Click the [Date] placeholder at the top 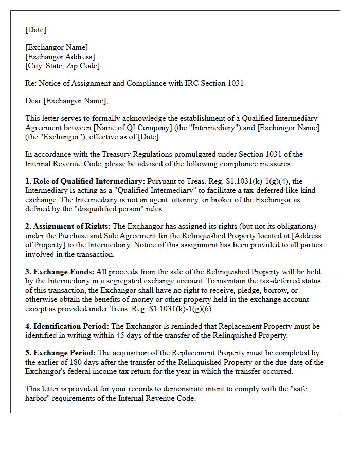[35, 30]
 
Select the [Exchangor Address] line [60, 57]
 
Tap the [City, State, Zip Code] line [62, 66]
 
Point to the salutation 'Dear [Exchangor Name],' [66, 101]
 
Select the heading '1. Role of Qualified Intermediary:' [85, 181]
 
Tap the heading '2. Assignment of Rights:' [68, 226]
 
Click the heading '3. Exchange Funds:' [60, 272]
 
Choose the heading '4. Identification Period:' [67, 326]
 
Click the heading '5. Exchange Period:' [61, 353]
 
